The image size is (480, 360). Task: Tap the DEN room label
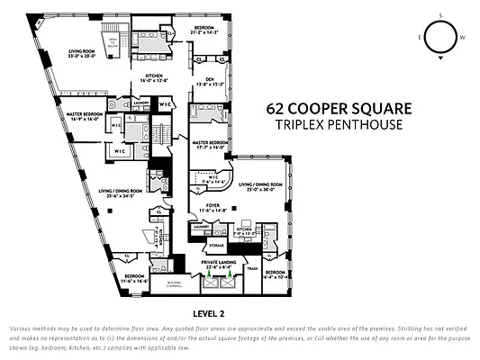[x=211, y=83]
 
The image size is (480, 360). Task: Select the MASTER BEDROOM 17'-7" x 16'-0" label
[x=208, y=145]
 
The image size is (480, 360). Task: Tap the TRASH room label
[x=252, y=269]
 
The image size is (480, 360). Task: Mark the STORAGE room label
[x=216, y=243]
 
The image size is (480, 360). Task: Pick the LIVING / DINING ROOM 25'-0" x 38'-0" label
[x=260, y=187]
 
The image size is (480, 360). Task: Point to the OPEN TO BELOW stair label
[x=113, y=43]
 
